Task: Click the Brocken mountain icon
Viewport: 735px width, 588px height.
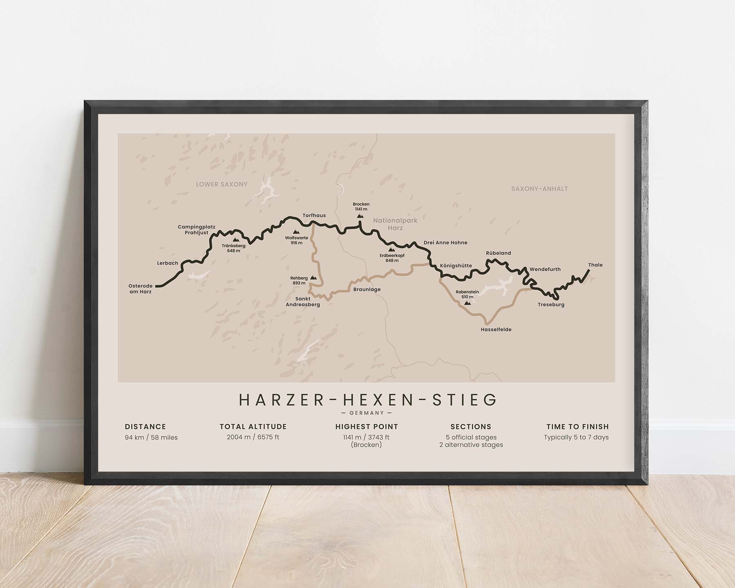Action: [x=360, y=216]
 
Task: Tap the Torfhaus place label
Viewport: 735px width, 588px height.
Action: [x=314, y=216]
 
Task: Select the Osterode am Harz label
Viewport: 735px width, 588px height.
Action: [x=140, y=289]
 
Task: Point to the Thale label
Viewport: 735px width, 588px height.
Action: [x=595, y=265]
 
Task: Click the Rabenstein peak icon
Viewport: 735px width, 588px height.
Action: [x=468, y=303]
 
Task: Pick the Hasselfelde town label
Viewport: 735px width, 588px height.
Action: [x=496, y=330]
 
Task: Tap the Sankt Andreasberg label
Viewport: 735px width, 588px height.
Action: [x=303, y=302]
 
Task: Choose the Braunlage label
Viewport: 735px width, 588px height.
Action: [x=367, y=290]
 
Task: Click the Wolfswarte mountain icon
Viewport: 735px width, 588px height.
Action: [x=296, y=232]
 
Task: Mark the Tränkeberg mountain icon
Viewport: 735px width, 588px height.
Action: [x=236, y=240]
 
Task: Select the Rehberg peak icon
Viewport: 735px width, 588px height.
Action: [x=313, y=277]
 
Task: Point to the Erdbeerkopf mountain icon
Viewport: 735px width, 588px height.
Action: [x=392, y=249]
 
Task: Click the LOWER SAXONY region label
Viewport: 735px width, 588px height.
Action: [x=222, y=185]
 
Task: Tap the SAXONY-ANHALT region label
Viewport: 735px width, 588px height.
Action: [x=539, y=189]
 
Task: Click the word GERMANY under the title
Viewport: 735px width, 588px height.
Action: [x=367, y=413]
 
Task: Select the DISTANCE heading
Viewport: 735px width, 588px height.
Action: [x=145, y=427]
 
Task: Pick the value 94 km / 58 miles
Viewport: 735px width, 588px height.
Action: [x=151, y=438]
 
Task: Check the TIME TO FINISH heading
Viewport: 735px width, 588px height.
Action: [x=577, y=427]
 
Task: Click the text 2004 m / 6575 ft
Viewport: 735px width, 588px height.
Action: [x=253, y=437]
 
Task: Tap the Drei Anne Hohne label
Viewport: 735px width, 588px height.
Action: [x=445, y=243]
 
